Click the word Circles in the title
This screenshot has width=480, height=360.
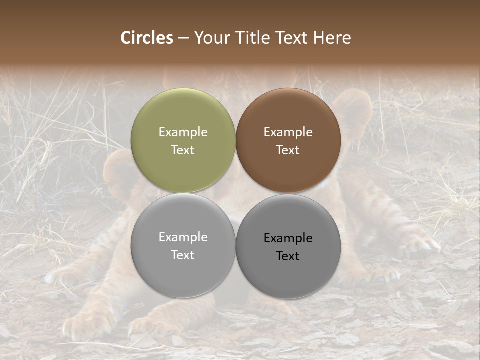(x=147, y=38)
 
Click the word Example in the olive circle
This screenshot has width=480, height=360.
(x=183, y=132)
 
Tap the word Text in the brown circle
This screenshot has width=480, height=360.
(x=288, y=150)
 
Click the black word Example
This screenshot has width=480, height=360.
(x=288, y=238)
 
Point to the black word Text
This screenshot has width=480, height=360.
(x=288, y=256)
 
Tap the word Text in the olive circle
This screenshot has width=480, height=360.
(x=183, y=150)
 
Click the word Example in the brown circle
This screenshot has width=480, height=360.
(x=288, y=132)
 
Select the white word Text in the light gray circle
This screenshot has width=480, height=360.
(x=183, y=255)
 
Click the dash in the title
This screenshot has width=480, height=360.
(x=183, y=38)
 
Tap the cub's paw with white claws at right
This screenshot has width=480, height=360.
(x=422, y=245)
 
